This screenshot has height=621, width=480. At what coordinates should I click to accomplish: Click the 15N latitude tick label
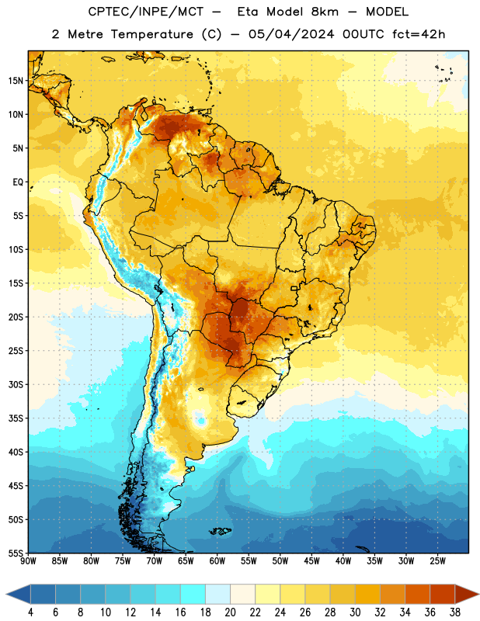16,81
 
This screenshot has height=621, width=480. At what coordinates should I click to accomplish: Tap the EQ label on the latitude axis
18,182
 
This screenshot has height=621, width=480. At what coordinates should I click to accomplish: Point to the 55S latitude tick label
16,553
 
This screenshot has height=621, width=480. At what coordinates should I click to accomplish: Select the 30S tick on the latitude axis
16,384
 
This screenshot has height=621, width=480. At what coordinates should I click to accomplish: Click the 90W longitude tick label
28,561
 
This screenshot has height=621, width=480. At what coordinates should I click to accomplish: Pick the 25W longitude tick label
437,561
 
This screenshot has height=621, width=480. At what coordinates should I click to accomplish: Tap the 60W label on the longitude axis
217,561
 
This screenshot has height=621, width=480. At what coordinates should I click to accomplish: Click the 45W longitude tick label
311,561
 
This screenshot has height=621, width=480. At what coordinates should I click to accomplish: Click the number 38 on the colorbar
455,612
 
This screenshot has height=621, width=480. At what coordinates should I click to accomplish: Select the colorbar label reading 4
30,612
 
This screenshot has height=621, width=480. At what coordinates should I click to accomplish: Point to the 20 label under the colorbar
230,612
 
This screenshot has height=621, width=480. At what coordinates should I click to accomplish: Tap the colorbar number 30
355,612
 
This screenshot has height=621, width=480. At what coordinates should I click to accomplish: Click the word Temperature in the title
151,34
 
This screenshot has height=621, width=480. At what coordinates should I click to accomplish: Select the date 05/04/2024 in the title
291,34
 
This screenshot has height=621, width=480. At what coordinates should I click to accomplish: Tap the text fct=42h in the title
419,34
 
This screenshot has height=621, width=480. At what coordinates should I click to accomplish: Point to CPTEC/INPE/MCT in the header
145,12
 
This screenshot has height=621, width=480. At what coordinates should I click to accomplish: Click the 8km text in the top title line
325,12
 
